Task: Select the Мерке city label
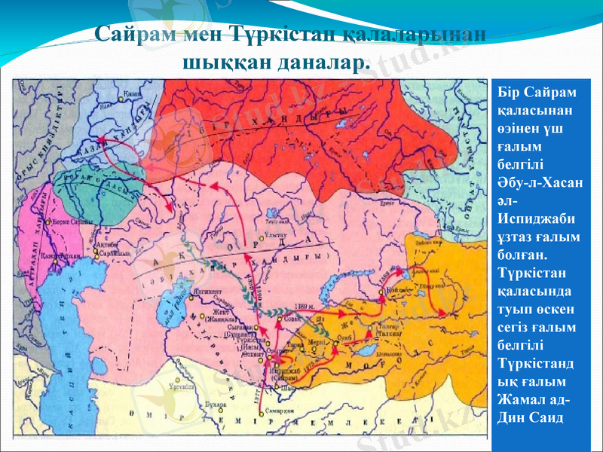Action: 317,341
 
